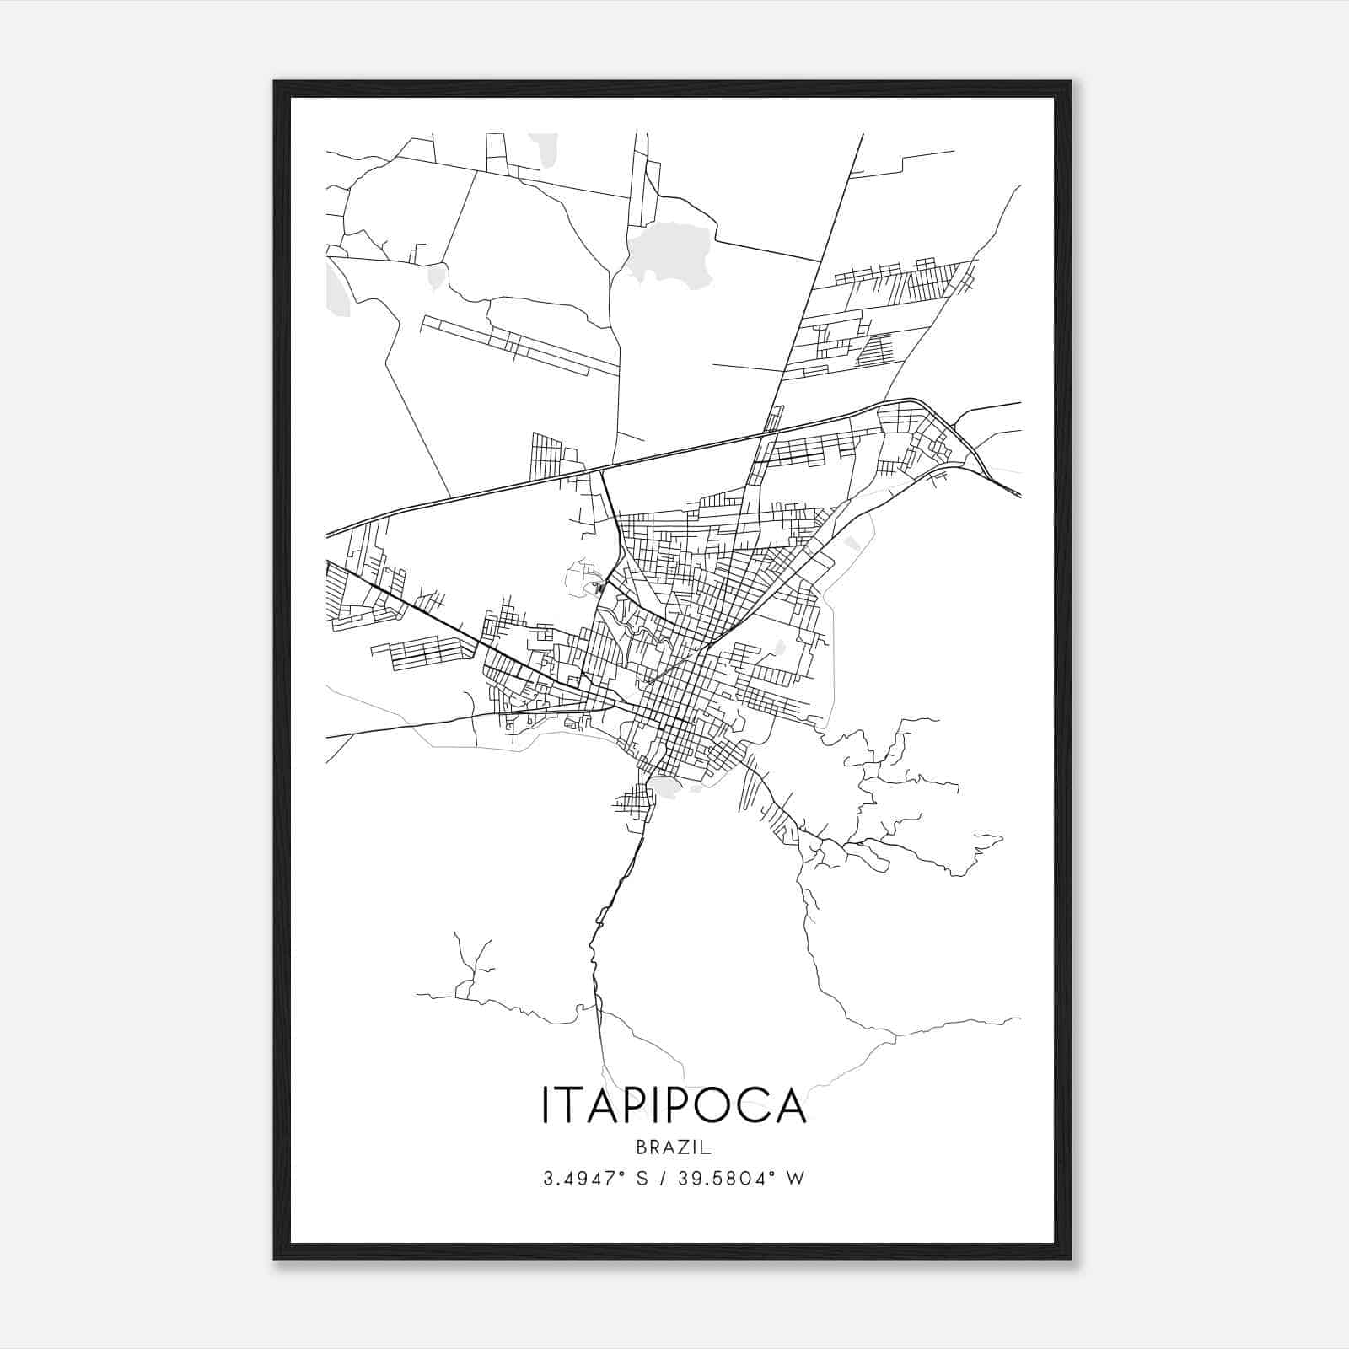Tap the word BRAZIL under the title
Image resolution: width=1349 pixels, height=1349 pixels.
pyautogui.click(x=674, y=1147)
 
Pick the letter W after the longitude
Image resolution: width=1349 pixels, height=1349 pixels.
pyautogui.click(x=795, y=1178)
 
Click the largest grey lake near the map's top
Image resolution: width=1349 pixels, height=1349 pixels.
pyautogui.click(x=666, y=253)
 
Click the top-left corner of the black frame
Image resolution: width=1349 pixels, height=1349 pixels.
pyautogui.click(x=276, y=83)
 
